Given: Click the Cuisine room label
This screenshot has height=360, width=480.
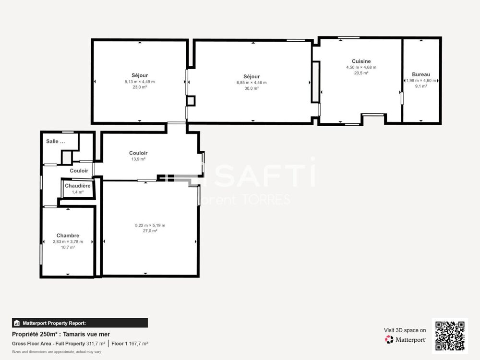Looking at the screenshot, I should click(361, 61).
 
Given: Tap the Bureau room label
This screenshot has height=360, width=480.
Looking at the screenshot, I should click(421, 74).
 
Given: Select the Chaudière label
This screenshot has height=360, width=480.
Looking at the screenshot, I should click(77, 186).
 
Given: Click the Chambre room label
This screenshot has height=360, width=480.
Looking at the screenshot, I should click(68, 235).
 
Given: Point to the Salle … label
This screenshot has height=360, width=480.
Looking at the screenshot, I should click(55, 141).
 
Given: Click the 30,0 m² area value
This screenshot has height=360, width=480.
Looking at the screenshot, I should click(252, 88).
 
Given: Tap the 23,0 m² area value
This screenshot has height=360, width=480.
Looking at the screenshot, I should click(140, 87).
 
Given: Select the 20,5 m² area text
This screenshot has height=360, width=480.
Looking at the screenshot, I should click(361, 73).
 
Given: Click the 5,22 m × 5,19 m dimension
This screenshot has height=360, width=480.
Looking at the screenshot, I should click(150, 225).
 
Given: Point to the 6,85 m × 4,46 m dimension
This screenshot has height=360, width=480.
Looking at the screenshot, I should click(252, 83).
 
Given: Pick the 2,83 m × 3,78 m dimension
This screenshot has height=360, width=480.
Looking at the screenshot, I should click(68, 241).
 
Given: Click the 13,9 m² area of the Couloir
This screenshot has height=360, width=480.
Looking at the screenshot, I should click(138, 159).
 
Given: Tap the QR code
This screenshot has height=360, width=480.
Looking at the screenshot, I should click(450, 336).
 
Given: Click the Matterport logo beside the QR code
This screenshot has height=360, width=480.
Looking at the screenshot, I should click(405, 339).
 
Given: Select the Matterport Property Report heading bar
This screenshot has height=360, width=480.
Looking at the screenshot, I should click(80, 323).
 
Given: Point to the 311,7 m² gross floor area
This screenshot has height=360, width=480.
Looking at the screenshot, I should click(96, 344).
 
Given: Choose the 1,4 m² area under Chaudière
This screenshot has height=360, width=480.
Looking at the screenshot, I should click(77, 192).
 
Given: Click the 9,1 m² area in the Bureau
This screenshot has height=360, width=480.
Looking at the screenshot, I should click(421, 86).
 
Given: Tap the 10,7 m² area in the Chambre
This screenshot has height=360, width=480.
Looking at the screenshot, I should click(68, 247).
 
